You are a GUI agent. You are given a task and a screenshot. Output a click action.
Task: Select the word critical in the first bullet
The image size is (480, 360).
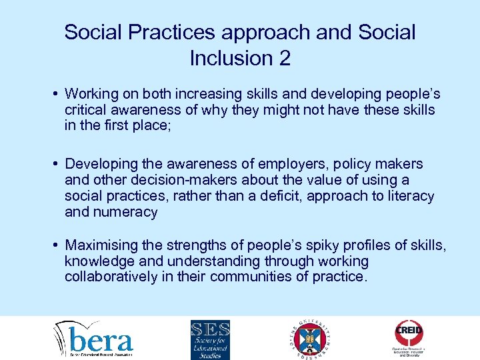click(x=85, y=109)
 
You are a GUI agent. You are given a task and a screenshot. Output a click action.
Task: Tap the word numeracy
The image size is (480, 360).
click(x=125, y=212)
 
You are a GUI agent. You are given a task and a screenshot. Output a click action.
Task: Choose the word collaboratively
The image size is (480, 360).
click(x=111, y=277)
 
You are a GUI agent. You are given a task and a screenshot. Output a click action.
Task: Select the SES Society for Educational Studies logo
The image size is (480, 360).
click(x=210, y=339)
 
